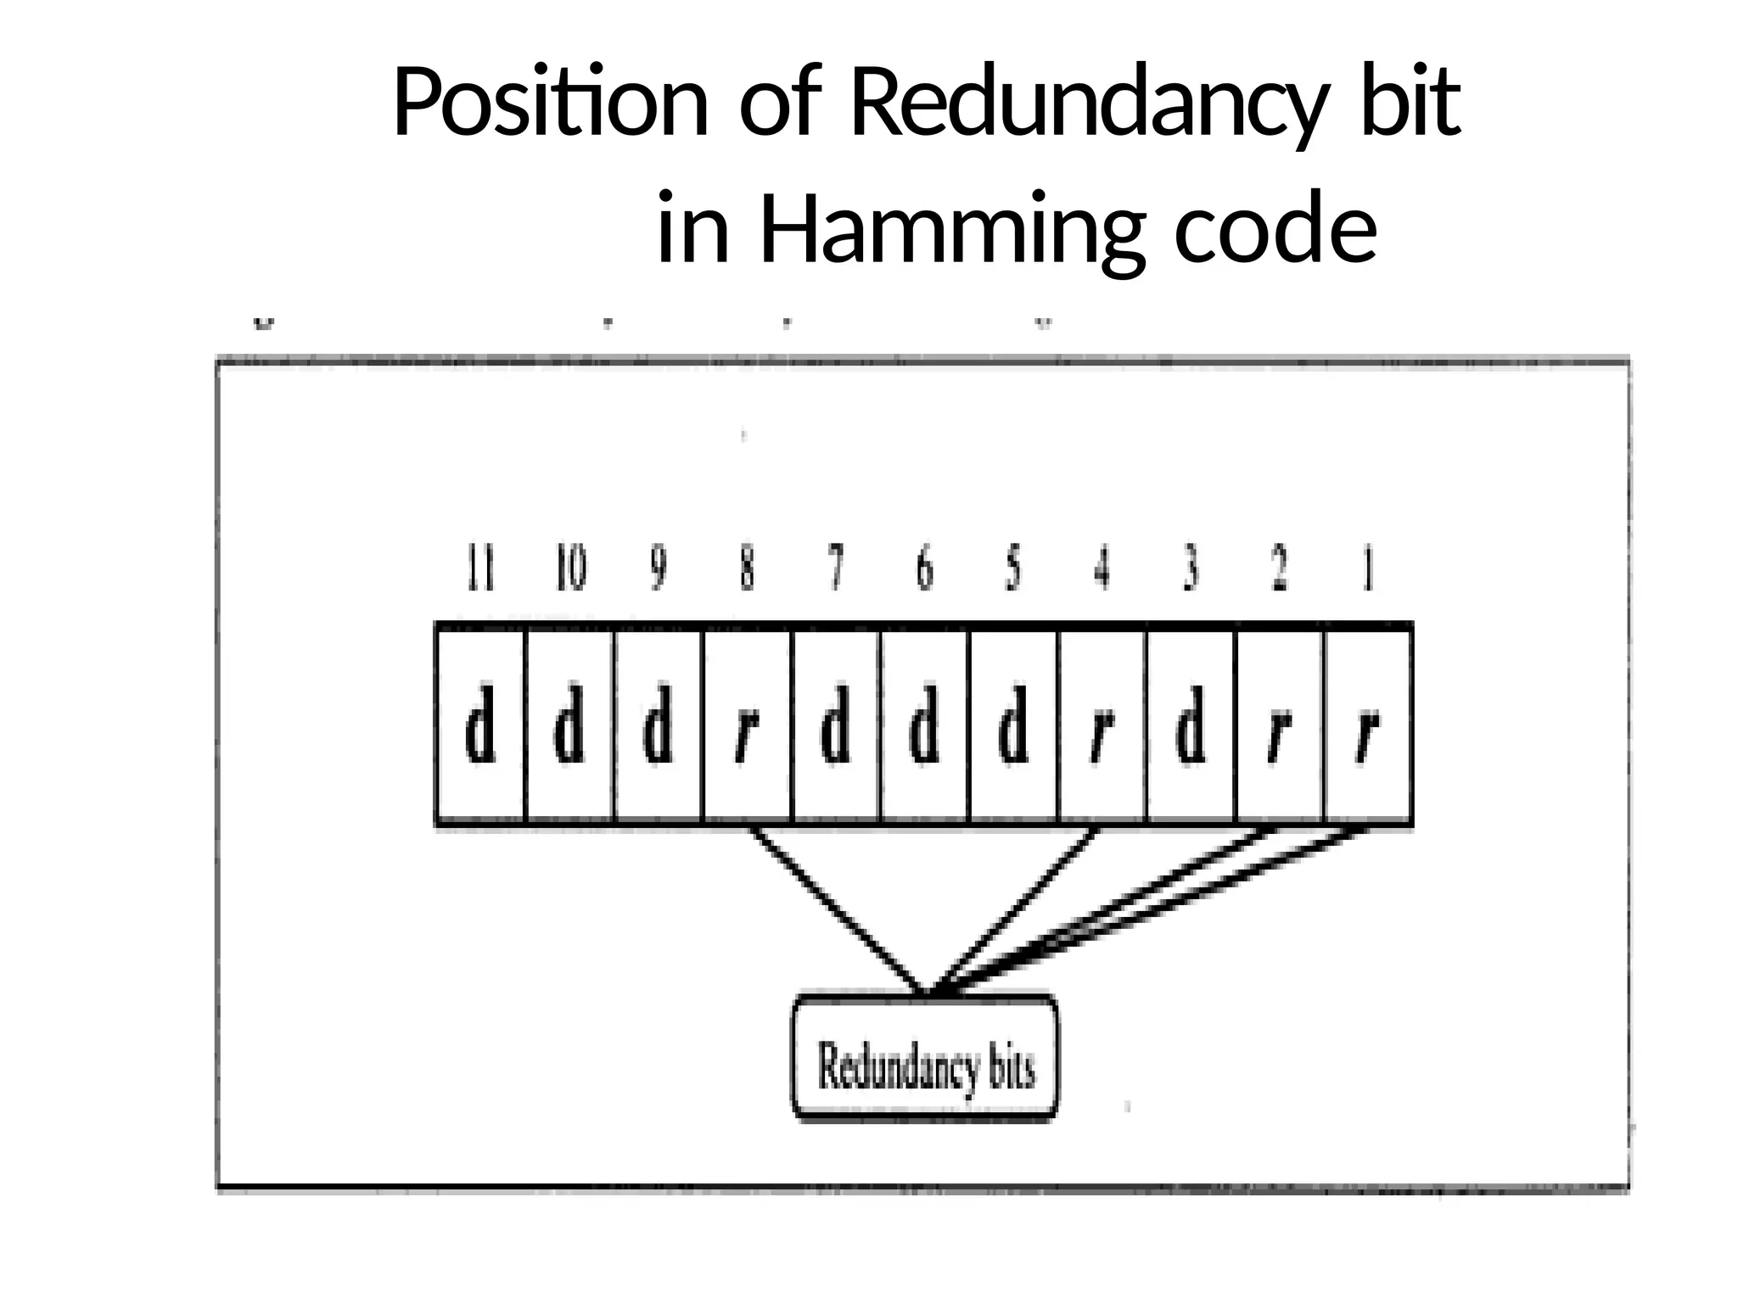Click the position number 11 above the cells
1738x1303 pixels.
[x=481, y=569]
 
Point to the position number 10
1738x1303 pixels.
[x=570, y=569]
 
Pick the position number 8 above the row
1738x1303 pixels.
[x=747, y=569]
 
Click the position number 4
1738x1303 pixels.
[x=1102, y=569]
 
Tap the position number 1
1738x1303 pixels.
[x=1368, y=569]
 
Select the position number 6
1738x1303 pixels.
[x=924, y=569]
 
